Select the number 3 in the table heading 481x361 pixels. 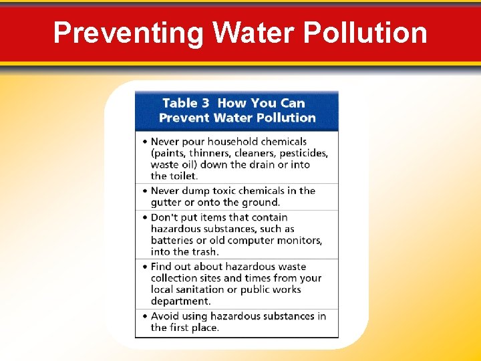click(206, 103)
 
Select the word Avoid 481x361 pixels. click(164, 316)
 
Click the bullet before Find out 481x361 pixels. click(144, 267)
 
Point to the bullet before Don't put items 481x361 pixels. click(144, 217)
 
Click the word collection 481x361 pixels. click(176, 278)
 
